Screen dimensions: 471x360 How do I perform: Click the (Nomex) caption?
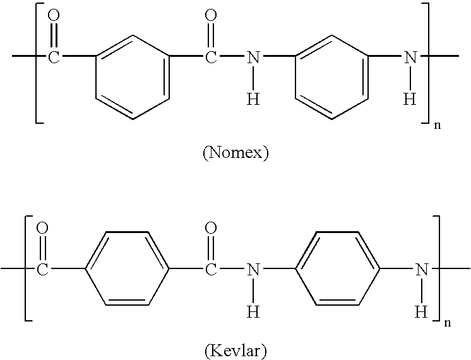point(235,152)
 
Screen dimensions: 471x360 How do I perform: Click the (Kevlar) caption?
point(235,351)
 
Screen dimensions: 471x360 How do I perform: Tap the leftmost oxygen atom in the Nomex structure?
point(54,15)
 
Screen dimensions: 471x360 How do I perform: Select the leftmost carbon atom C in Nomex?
point(54,56)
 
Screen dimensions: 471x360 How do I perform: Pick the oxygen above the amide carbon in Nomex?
point(211,15)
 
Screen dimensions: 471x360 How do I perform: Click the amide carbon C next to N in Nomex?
point(211,56)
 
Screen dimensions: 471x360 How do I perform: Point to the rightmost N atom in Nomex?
point(410,56)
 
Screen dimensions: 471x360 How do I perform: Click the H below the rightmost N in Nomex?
point(410,99)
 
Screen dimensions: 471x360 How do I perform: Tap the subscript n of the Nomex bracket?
point(438,125)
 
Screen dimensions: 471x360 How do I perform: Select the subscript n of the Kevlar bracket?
point(448,323)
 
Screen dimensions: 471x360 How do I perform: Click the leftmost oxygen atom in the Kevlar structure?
point(42,228)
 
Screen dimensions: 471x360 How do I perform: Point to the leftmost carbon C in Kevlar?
point(42,269)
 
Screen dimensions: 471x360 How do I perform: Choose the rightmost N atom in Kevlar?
point(422,269)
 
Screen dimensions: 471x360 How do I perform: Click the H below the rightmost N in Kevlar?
point(421,311)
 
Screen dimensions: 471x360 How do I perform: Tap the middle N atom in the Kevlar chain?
point(253,269)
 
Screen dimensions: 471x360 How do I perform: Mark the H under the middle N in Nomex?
point(253,99)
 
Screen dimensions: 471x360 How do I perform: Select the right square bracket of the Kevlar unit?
point(439,268)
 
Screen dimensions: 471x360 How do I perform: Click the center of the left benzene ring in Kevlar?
point(127,268)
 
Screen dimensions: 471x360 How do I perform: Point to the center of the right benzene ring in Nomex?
point(331,77)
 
